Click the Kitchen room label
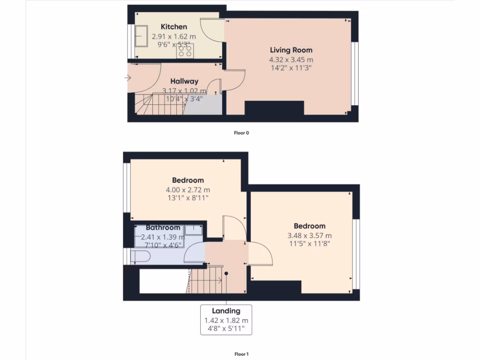click(173, 27)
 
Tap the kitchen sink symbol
click(140, 36)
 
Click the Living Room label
click(291, 50)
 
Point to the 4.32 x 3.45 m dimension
click(291, 60)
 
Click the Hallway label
click(184, 81)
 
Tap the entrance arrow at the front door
click(128, 78)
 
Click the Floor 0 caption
click(241, 133)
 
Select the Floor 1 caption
click(241, 354)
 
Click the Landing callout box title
click(226, 311)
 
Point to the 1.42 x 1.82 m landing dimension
click(226, 321)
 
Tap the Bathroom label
click(163, 228)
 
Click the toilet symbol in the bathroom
click(140, 256)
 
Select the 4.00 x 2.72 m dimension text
click(187, 190)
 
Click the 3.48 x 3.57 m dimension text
click(309, 235)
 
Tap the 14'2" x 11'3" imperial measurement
click(291, 68)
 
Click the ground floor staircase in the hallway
click(159, 104)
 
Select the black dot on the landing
click(226, 273)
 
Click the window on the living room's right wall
click(355, 74)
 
